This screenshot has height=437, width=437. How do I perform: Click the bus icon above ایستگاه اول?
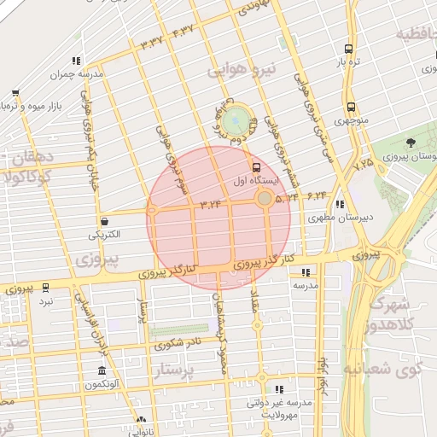(x=255, y=166)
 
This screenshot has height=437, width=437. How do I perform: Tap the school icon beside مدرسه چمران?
(x=76, y=61)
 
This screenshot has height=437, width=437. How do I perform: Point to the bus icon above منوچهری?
(x=349, y=108)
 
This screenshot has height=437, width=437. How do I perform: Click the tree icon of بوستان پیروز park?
(x=413, y=142)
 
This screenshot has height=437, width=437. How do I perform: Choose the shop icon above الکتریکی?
(x=103, y=220)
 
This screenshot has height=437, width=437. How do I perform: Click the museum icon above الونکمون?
(x=102, y=371)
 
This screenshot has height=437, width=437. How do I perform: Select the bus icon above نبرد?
(x=45, y=288)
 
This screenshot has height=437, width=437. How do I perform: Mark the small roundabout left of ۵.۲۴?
(x=265, y=199)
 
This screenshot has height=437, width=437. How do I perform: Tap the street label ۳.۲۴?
(x=211, y=203)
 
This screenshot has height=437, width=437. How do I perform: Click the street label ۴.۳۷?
(x=184, y=32)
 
